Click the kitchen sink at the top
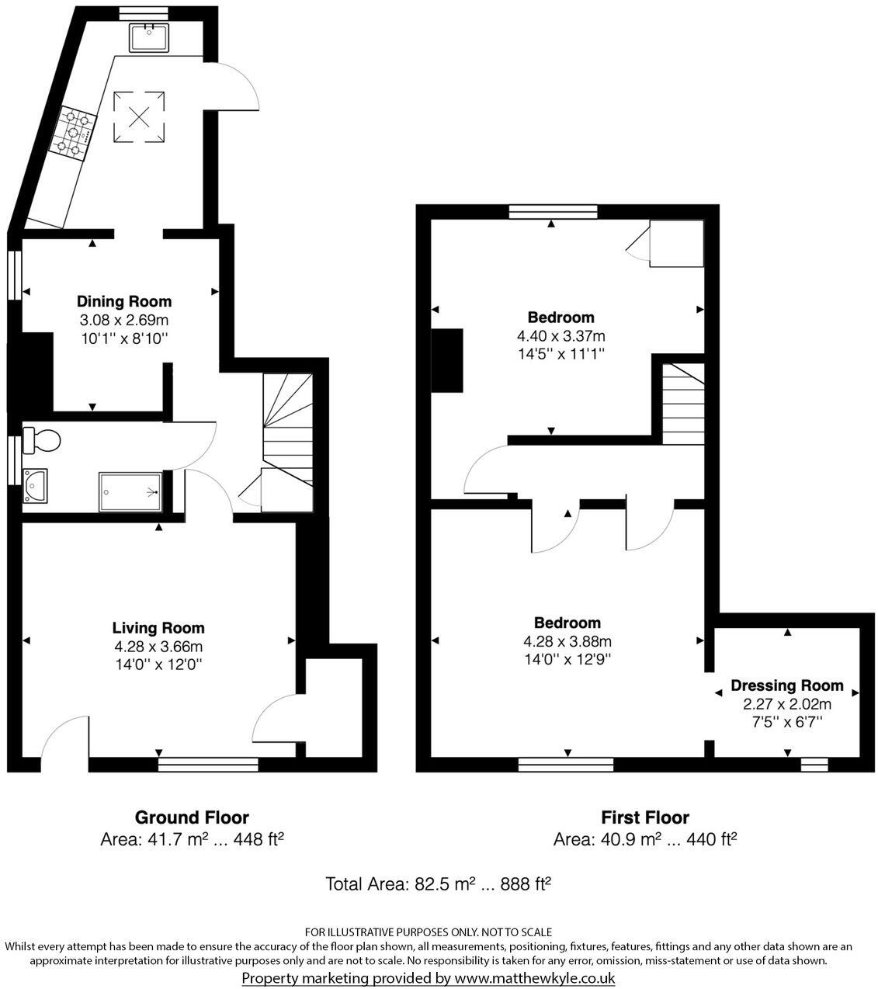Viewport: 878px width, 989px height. [150, 36]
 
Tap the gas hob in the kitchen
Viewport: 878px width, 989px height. [74, 133]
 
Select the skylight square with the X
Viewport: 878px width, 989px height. [139, 117]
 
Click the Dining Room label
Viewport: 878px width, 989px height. [123, 301]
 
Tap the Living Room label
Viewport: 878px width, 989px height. [158, 628]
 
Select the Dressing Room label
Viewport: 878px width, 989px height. [786, 685]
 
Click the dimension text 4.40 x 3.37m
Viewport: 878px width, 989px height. [560, 336]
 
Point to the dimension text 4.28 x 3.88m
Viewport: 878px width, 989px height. [567, 641]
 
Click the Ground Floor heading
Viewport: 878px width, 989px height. [192, 817]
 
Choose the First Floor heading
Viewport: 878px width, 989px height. [644, 817]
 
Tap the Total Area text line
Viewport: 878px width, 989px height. [438, 883]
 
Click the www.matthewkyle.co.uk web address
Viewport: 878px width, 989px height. [534, 978]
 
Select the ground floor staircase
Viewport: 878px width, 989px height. [287, 427]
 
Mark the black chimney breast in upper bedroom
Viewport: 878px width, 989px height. [446, 360]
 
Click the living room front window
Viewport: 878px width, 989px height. [207, 765]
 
